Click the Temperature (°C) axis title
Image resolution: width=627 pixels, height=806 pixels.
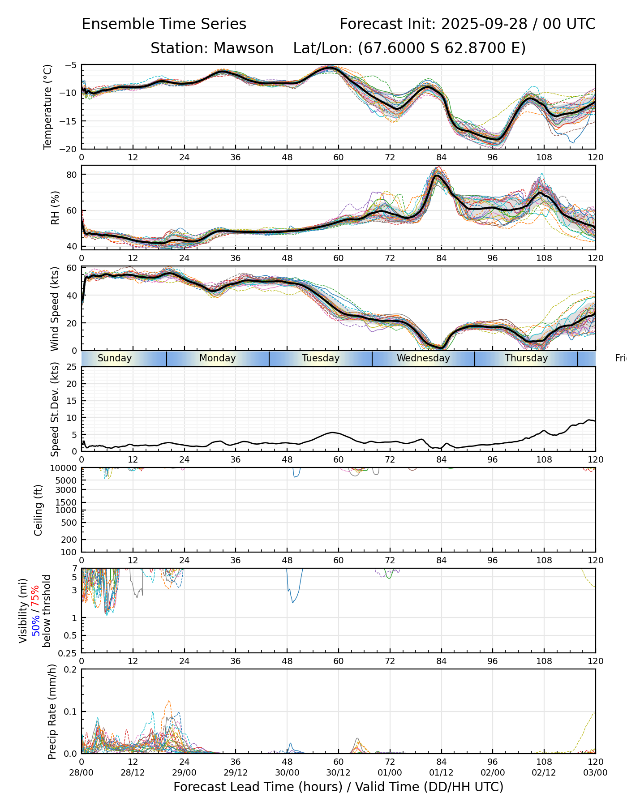click(48, 107)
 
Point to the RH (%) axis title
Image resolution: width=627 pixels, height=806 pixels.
click(55, 208)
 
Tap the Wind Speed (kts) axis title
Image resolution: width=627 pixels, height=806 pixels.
click(55, 309)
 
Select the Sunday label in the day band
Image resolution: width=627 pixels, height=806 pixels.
click(115, 358)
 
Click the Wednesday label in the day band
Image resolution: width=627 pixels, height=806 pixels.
click(423, 358)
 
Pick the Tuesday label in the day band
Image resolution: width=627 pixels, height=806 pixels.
click(321, 358)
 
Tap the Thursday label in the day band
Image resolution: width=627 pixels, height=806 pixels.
click(526, 358)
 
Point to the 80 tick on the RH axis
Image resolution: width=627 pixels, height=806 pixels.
click(72, 174)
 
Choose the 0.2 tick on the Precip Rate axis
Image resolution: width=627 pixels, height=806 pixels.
click(71, 669)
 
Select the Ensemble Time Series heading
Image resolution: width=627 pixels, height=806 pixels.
click(164, 24)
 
